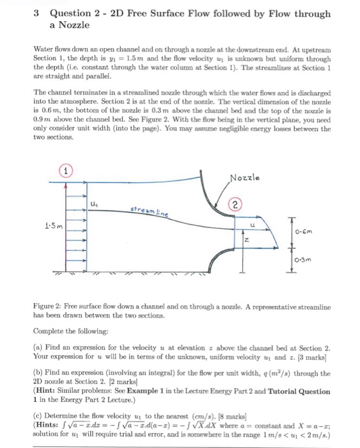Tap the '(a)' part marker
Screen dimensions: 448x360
[39, 346]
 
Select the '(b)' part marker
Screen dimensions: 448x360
[39, 373]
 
